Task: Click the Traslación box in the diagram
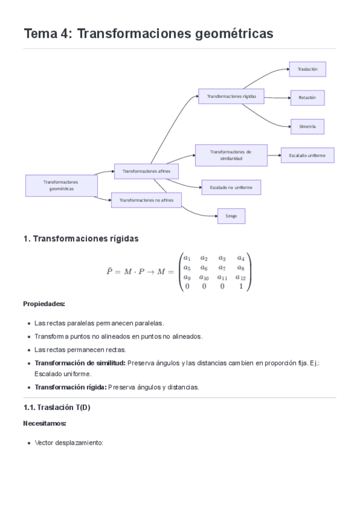point(307,69)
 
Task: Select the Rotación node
point(307,98)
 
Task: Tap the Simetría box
point(307,127)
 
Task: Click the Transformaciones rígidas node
point(231,97)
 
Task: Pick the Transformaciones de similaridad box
point(231,155)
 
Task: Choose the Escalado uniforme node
point(307,155)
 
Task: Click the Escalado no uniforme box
point(231,187)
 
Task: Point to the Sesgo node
point(231,216)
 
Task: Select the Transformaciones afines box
point(146,172)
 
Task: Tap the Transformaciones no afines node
point(146,200)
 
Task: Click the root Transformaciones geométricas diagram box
point(61,185)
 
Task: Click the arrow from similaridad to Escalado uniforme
point(274,155)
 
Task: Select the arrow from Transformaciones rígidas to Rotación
point(278,97)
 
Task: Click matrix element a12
point(241,277)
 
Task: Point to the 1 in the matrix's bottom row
point(241,286)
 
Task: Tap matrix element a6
point(204,268)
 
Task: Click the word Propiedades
point(44,304)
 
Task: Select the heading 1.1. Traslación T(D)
point(57,408)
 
